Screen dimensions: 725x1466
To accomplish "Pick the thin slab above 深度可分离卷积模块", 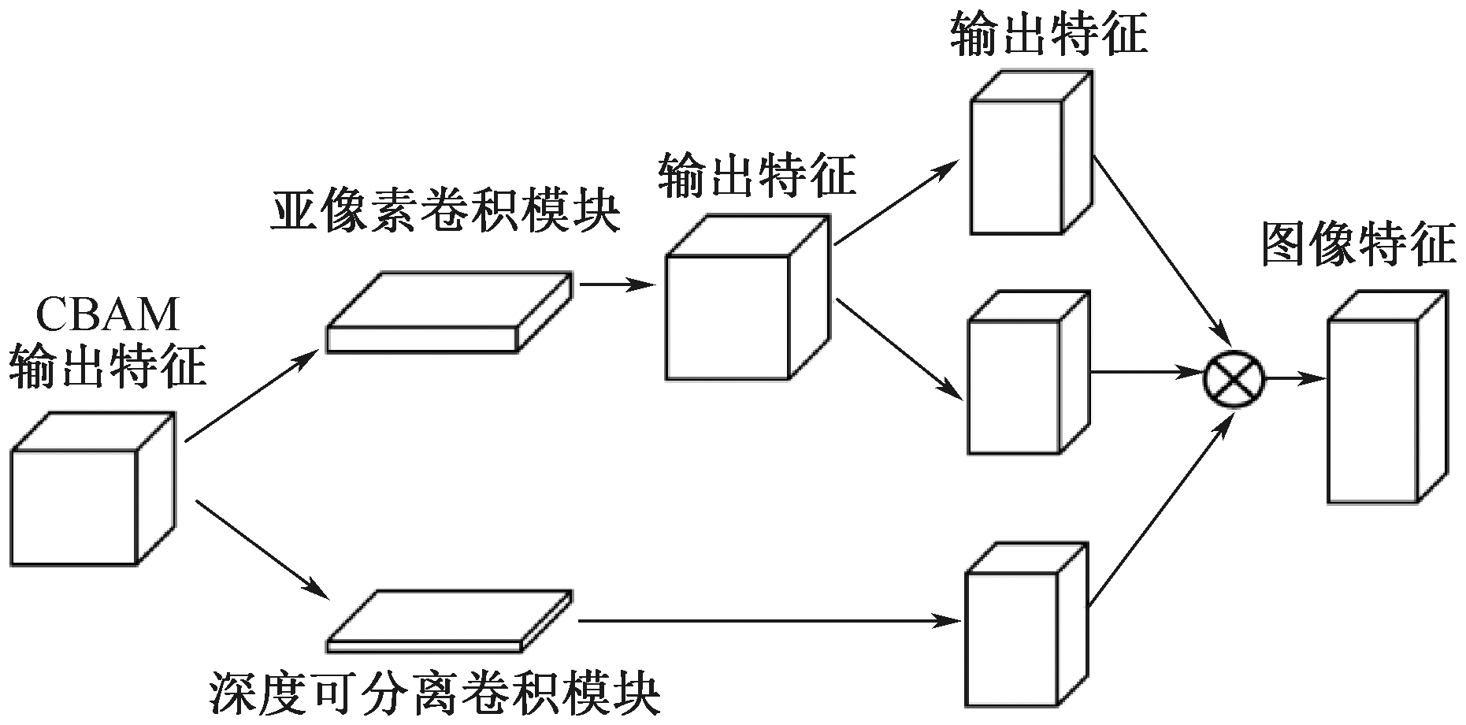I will (x=450, y=621).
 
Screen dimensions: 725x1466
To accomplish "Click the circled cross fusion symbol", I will (x=1234, y=379).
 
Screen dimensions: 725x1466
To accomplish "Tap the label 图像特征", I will (x=1358, y=244).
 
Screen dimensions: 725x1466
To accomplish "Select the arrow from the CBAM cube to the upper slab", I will (x=248, y=396).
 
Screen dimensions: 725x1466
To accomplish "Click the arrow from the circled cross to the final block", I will (x=1295, y=379).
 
